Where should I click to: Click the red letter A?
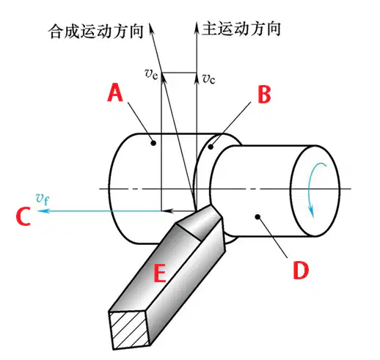tap(115, 92)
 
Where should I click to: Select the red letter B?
tap(264, 95)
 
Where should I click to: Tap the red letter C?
tap(23, 216)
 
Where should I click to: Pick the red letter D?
tap(301, 270)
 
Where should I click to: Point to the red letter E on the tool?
tap(160, 273)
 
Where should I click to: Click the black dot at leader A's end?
tap(153, 143)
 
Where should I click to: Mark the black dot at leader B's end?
tap(211, 147)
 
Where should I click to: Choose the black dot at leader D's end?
tap(257, 216)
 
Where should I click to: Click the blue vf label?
tap(43, 199)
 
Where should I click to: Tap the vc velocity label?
tap(208, 78)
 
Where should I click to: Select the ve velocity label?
tap(152, 73)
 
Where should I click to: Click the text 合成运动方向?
tap(95, 32)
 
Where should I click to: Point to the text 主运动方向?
tap(241, 29)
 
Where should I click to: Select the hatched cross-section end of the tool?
tap(130, 331)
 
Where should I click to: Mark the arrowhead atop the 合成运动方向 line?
tap(152, 29)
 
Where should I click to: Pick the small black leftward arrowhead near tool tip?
tap(169, 210)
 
